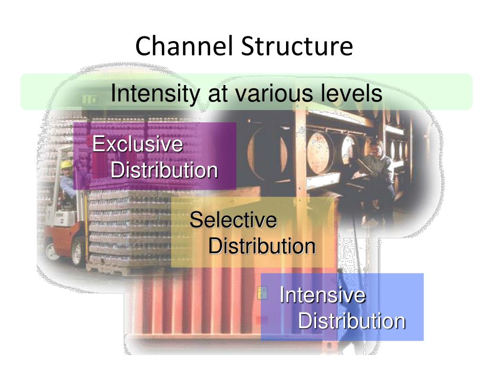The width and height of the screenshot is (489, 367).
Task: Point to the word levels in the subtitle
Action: pos(351,93)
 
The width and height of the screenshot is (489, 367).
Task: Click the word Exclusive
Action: pos(138,144)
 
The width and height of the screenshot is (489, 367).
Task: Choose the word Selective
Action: pos(233,220)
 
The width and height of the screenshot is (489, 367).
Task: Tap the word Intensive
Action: pos(323,295)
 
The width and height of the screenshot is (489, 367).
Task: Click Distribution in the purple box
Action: pos(164,170)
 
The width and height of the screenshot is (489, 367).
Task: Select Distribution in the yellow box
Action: pos(262,247)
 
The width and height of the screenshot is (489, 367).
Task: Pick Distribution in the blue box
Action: pos(351,321)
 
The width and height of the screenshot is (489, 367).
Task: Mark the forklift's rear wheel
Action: pos(51,251)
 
